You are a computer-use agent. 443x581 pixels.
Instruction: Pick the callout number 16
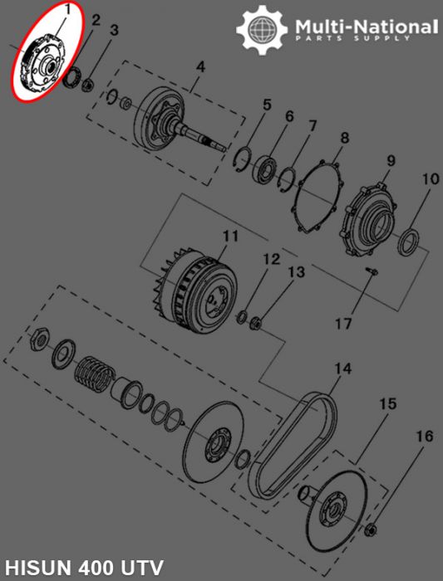(x=424, y=436)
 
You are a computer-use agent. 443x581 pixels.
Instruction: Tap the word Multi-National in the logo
(x=367, y=27)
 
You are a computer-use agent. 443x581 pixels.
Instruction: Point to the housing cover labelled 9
(x=372, y=217)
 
